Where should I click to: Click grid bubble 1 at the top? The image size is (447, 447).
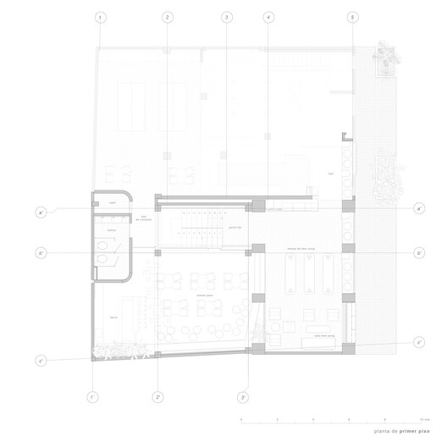click(101, 17)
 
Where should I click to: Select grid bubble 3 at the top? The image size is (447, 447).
click(226, 17)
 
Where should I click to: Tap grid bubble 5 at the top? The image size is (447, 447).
click(352, 17)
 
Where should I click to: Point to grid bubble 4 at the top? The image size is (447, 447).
click(268, 17)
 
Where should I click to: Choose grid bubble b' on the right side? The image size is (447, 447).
click(419, 253)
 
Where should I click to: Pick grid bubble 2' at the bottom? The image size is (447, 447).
click(158, 396)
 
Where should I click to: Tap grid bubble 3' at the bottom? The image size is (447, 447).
click(243, 396)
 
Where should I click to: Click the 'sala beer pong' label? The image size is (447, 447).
click(325, 336)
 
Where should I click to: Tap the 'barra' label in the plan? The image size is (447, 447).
click(111, 315)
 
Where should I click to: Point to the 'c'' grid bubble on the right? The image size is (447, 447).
click(419, 342)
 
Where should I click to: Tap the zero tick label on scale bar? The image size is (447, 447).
click(241, 420)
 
